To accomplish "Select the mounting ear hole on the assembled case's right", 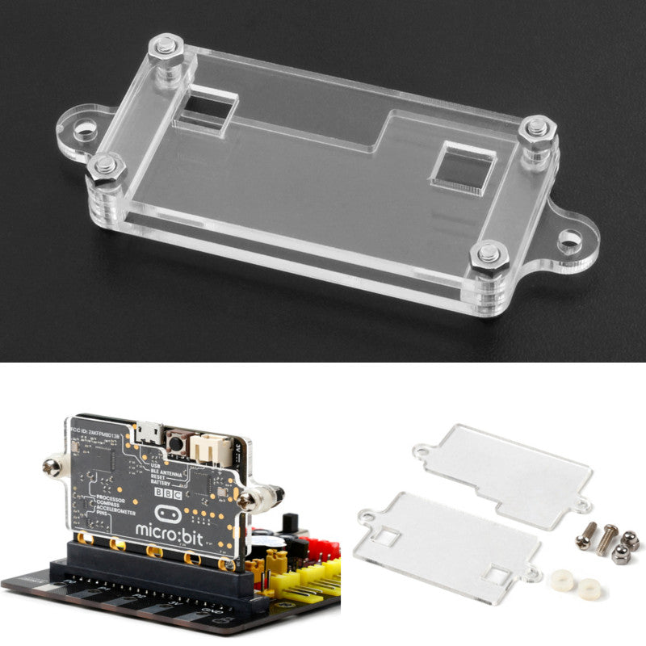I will [x=570, y=240].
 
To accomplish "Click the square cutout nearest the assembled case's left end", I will [x=205, y=111].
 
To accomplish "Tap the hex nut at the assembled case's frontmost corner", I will [x=488, y=256].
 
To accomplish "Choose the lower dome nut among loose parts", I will [x=620, y=554].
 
